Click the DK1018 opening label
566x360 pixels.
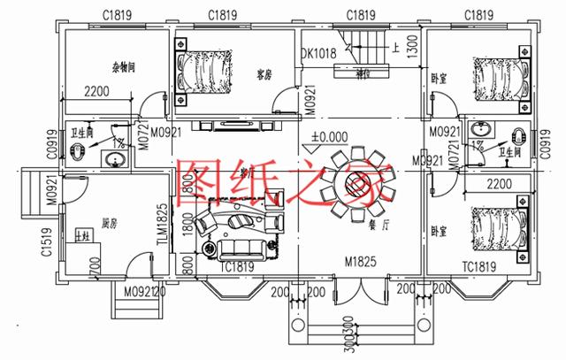click(320, 54)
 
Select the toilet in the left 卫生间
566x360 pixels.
click(78, 151)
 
